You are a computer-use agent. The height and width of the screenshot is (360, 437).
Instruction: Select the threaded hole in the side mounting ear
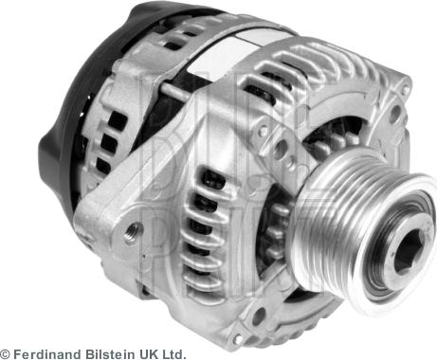(133, 228)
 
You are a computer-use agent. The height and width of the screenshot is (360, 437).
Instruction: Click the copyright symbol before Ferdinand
(7, 351)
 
